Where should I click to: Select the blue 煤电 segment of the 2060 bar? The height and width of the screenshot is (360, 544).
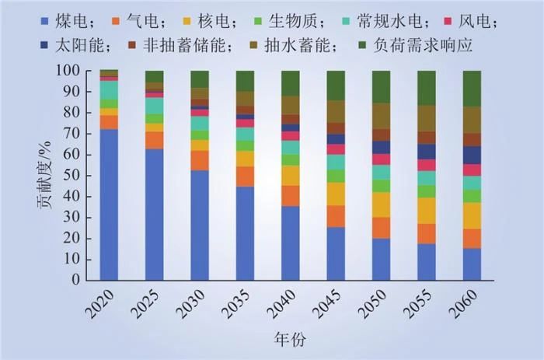(473, 264)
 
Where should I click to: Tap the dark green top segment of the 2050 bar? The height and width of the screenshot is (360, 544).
(382, 86)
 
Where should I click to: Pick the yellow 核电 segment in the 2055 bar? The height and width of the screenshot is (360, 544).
(427, 210)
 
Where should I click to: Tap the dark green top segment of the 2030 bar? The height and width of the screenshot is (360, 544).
(200, 79)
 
